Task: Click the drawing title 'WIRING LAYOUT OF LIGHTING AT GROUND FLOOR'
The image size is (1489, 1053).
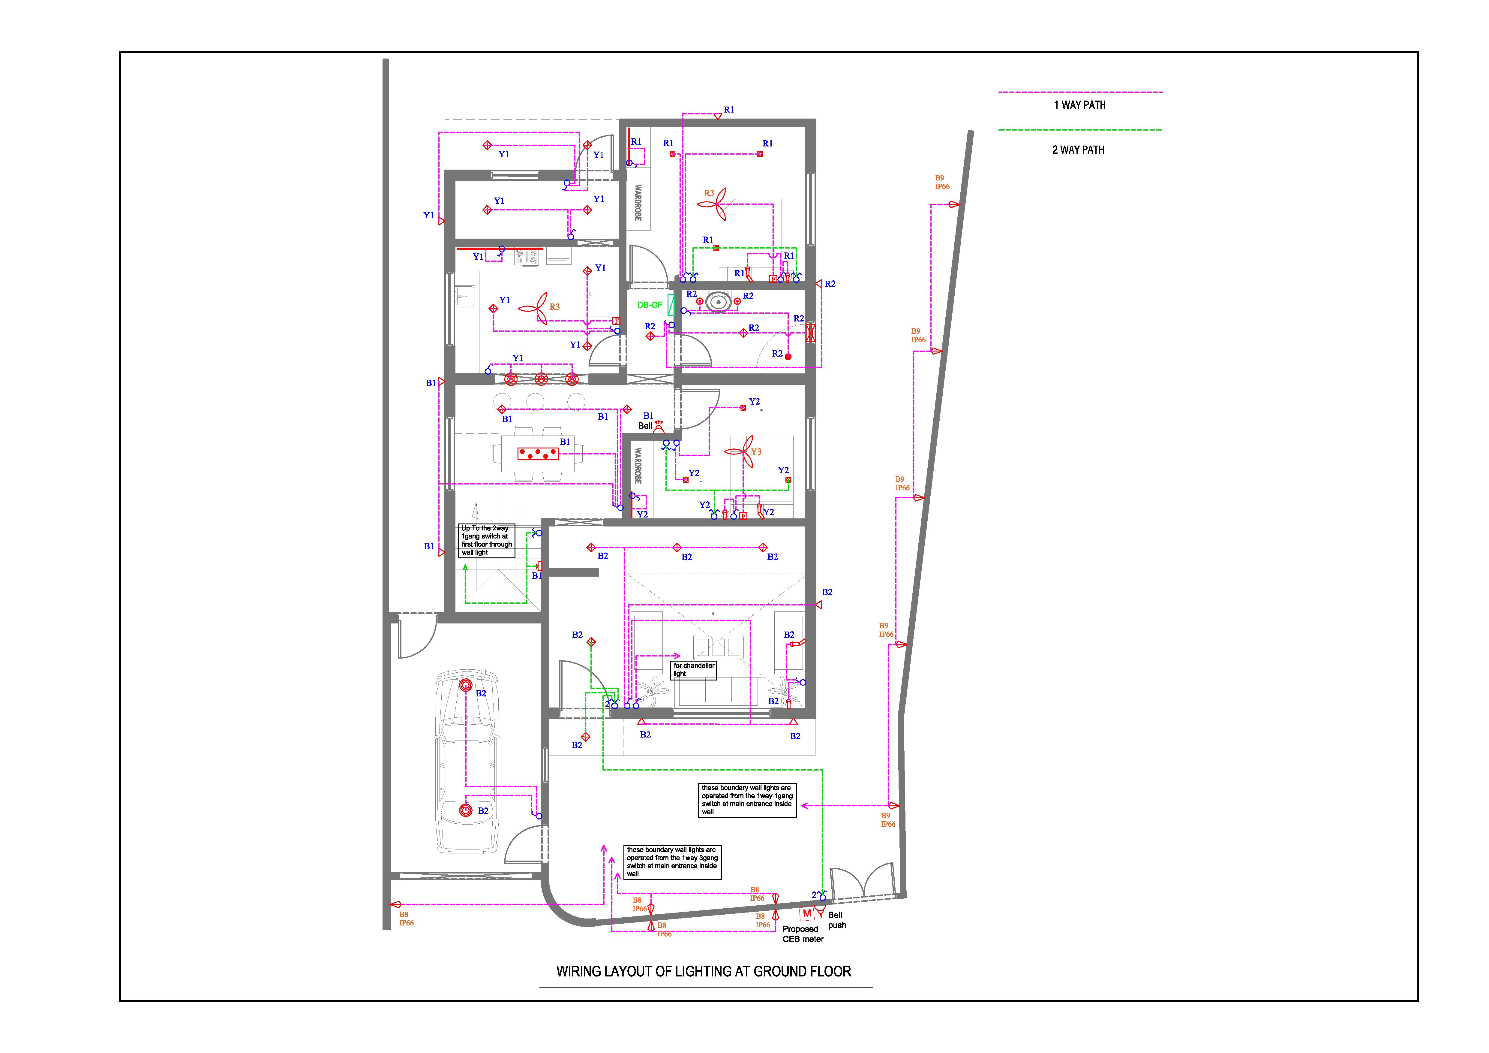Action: coord(704,971)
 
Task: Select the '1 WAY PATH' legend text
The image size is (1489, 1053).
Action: coord(1080,105)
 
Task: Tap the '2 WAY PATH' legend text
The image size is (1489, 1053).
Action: coord(1079,150)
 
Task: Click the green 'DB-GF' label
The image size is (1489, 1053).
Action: coord(650,305)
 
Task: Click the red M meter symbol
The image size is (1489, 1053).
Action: coord(807,913)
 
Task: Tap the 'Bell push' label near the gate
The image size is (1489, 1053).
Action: coord(836,920)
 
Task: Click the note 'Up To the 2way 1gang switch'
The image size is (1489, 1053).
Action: coord(486,540)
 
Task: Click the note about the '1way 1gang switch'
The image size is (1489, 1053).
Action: coord(747,800)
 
